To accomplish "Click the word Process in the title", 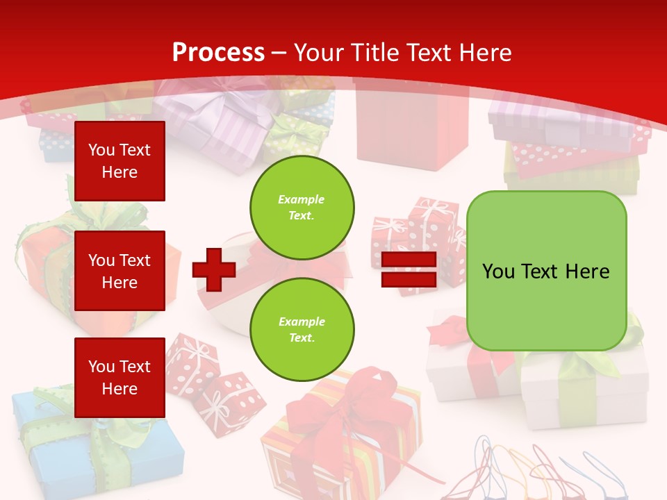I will coord(218,53).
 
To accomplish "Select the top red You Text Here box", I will coord(120,161).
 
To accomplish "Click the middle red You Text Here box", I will coord(120,271).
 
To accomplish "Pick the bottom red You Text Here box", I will coord(120,378).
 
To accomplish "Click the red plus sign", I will coord(214,269).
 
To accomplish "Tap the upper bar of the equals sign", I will coord(409,260).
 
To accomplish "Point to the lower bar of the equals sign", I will coord(409,280).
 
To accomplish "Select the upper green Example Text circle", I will coord(302,208).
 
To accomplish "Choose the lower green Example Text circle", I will coord(302,330).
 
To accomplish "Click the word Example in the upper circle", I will coord(302,199).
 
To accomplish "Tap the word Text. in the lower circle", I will coord(302,338).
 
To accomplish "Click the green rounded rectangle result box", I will coord(546,271).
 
